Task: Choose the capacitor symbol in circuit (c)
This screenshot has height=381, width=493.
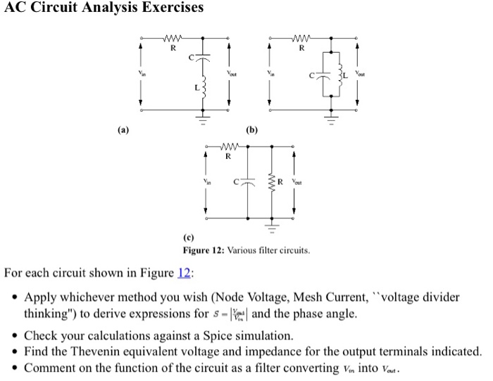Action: click(x=249, y=183)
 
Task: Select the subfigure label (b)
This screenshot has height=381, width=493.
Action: click(x=251, y=129)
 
